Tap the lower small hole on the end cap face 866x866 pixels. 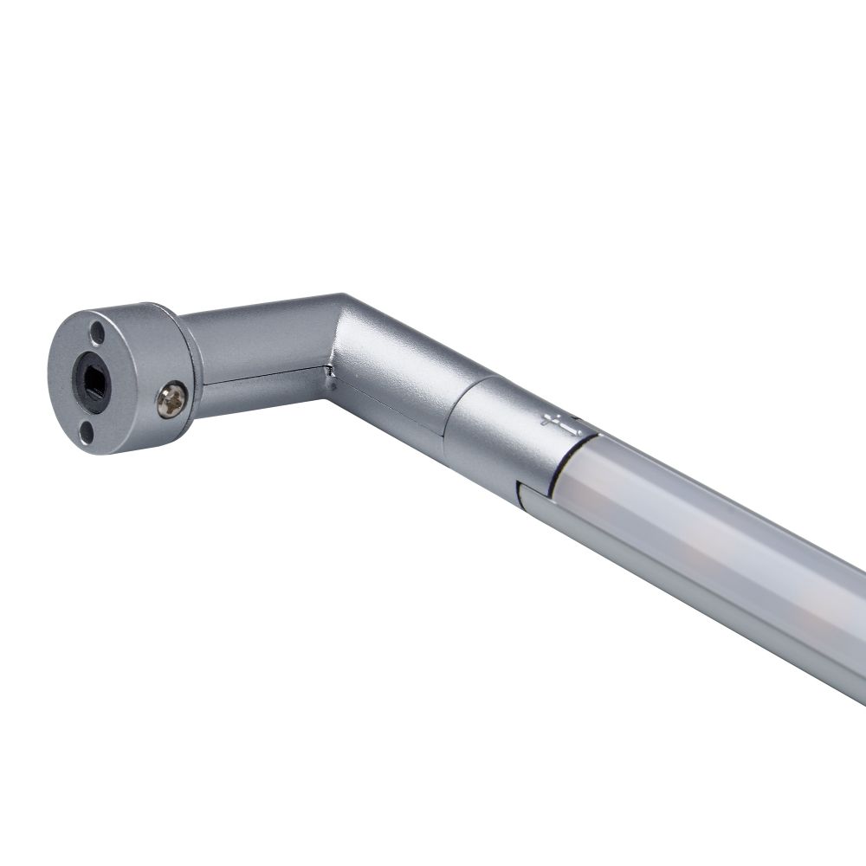(x=87, y=430)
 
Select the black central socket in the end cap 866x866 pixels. (x=92, y=379)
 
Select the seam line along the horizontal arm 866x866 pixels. (x=268, y=379)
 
